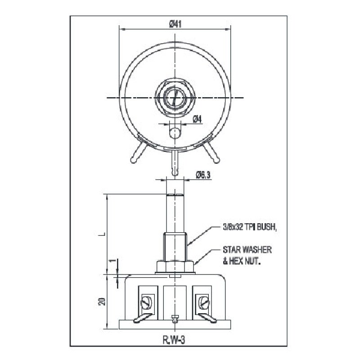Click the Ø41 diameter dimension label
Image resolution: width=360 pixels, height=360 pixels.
click(175, 24)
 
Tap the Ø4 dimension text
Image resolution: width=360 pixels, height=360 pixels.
click(197, 119)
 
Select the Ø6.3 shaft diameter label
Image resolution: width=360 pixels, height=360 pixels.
click(203, 175)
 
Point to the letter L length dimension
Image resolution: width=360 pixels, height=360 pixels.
click(103, 234)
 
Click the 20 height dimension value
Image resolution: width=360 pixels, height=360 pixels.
click(103, 301)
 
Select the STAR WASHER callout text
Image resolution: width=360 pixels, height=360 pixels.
click(247, 250)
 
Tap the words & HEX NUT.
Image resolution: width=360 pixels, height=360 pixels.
click(242, 261)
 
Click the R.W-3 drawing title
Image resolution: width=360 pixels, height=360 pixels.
click(174, 340)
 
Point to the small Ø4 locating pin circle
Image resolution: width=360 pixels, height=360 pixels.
click(175, 133)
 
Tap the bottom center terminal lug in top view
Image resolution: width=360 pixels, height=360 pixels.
click(175, 163)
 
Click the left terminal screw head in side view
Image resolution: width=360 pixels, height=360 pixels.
click(146, 303)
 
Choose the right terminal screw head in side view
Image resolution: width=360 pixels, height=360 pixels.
click(203, 303)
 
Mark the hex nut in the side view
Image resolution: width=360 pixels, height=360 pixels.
click(175, 266)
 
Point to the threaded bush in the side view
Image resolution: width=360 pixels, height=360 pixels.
click(175, 247)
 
